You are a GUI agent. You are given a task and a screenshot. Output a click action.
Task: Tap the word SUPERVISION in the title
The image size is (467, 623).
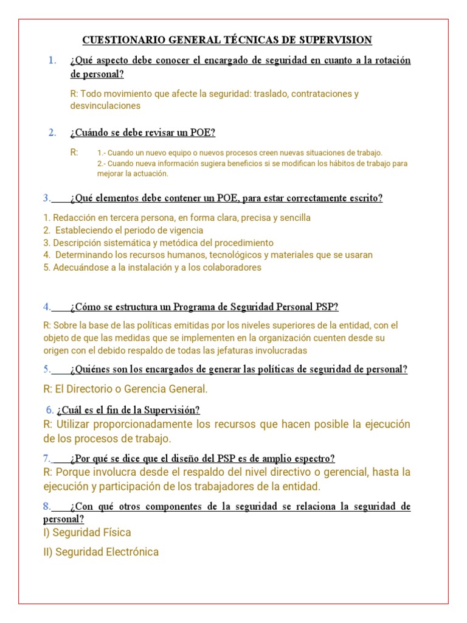(x=340, y=41)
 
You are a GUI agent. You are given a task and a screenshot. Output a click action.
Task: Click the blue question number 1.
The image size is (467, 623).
(x=52, y=60)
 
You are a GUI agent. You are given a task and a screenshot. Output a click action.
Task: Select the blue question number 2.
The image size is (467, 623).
(x=52, y=133)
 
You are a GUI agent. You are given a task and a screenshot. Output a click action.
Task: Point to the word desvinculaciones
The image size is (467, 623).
(x=105, y=106)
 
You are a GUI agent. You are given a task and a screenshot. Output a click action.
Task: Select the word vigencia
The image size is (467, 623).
(x=183, y=230)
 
